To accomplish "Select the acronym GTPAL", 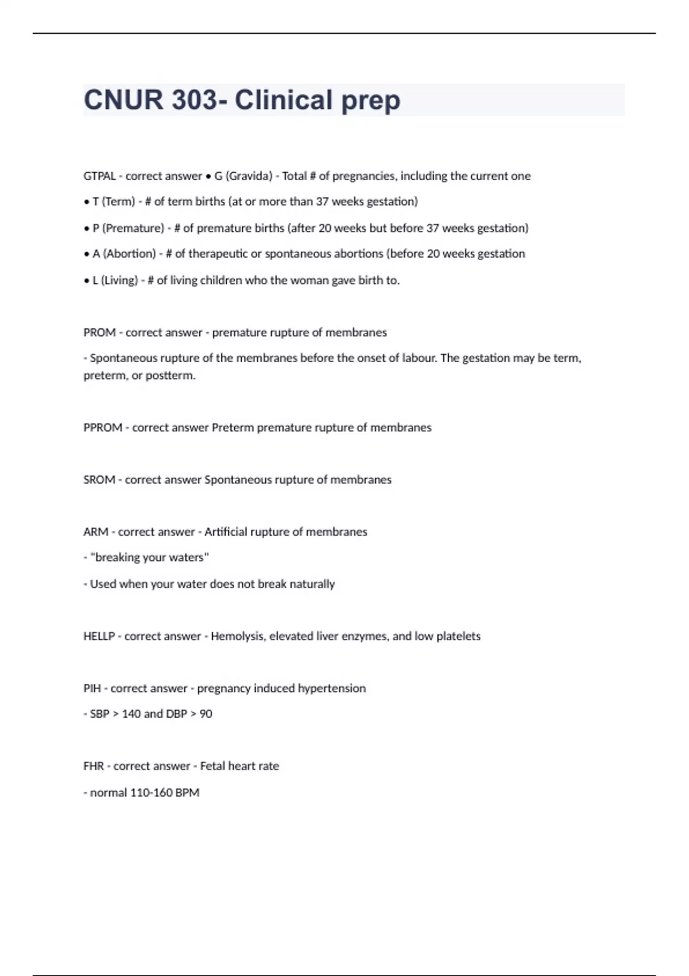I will pyautogui.click(x=99, y=176).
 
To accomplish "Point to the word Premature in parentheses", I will pyautogui.click(x=133, y=228).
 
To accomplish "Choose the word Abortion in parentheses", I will pyautogui.click(x=130, y=254).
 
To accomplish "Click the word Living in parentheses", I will pyautogui.click(x=119, y=280).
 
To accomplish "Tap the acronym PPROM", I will pyautogui.click(x=103, y=428).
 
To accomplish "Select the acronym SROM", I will pyautogui.click(x=99, y=480).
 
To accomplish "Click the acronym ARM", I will pyautogui.click(x=96, y=532).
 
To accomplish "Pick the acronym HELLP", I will pyautogui.click(x=99, y=636).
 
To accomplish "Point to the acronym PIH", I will pyautogui.click(x=92, y=688).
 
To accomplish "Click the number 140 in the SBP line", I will pyautogui.click(x=131, y=714).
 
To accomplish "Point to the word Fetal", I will pyautogui.click(x=212, y=766).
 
